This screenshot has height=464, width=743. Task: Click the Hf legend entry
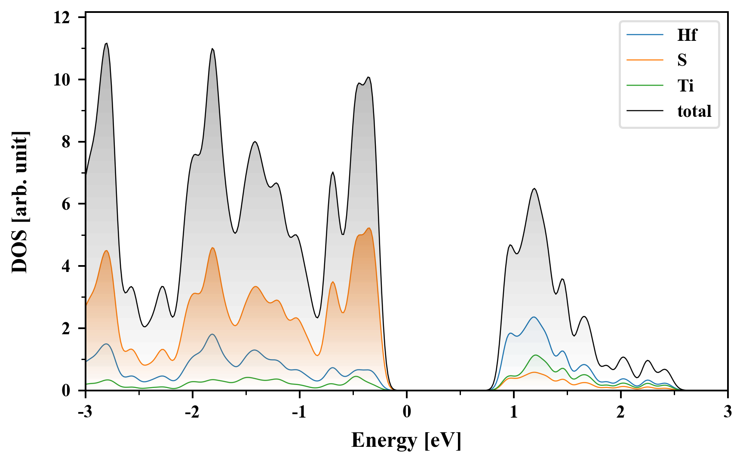tap(687, 35)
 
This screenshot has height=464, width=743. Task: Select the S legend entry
tap(682, 60)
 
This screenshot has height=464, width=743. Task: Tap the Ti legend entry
tap(685, 85)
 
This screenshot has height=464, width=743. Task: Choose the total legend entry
tap(694, 111)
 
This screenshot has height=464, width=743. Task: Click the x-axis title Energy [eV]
tap(406, 440)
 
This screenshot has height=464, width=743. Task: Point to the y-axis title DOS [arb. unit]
tap(19, 202)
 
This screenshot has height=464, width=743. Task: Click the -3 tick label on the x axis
tap(86, 412)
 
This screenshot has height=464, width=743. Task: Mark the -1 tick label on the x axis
tap(299, 412)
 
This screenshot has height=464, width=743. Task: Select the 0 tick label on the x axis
tap(407, 412)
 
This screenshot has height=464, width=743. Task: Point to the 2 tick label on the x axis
tap(620, 412)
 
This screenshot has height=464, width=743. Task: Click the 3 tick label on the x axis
tap(728, 412)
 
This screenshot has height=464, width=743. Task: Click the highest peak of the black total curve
tap(106, 43)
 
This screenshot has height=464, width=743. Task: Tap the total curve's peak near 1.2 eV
tap(534, 189)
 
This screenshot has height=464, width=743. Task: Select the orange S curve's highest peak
tap(369, 228)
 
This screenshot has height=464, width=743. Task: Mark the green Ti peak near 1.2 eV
tap(535, 355)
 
